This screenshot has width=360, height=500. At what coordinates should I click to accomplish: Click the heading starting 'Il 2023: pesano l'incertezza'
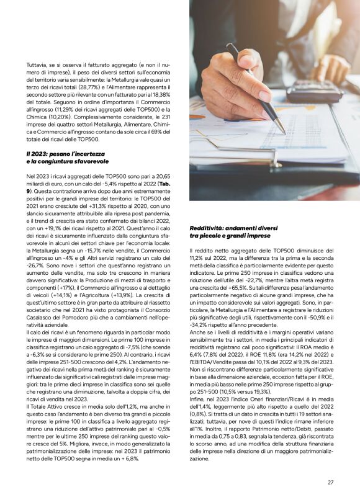(x=66, y=153)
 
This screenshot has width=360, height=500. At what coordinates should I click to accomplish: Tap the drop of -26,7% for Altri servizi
(x=35, y=270)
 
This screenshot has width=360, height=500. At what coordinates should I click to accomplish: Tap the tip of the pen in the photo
(x=285, y=132)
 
